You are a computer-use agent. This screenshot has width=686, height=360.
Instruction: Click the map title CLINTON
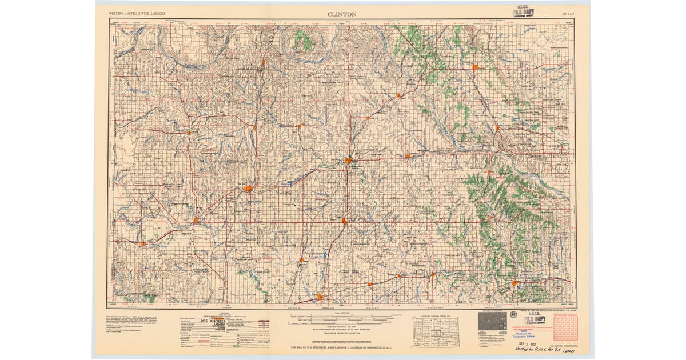[342, 13]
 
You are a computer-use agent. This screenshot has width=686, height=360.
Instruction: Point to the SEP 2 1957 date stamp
[524, 345]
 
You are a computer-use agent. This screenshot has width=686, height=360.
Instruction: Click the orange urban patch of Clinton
[348, 161]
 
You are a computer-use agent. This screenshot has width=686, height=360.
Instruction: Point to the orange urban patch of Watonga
[475, 67]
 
